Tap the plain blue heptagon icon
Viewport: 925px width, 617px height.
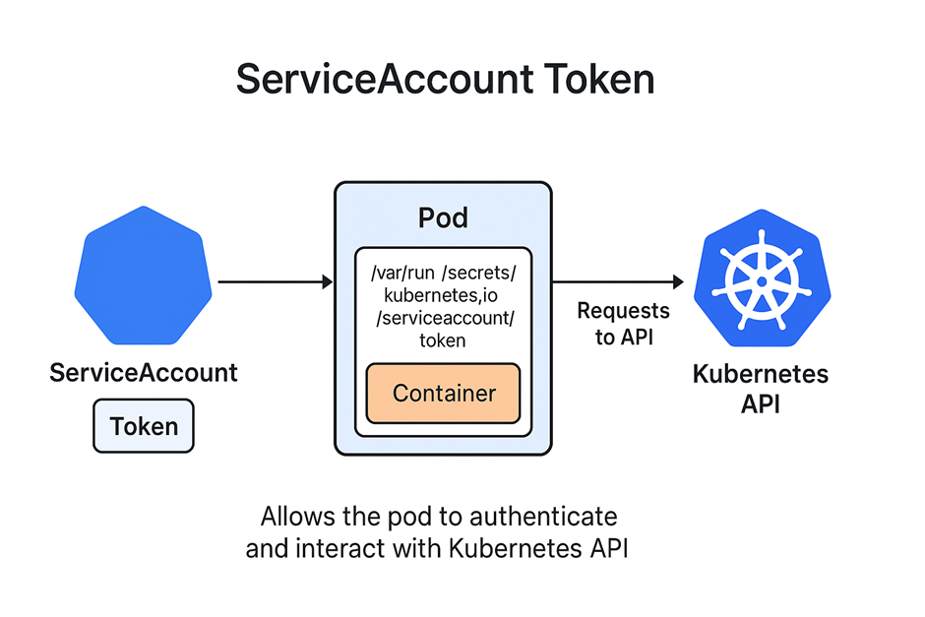click(144, 277)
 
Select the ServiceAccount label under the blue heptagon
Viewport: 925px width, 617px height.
click(144, 374)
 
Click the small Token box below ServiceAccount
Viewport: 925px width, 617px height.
click(144, 426)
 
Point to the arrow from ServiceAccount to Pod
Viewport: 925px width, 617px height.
click(275, 282)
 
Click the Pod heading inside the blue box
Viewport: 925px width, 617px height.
click(443, 217)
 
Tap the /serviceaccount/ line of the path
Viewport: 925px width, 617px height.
click(444, 317)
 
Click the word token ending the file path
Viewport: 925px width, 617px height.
click(444, 340)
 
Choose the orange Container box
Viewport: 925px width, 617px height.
click(444, 394)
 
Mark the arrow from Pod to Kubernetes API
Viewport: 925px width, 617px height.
click(618, 282)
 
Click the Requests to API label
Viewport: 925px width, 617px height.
click(623, 324)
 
